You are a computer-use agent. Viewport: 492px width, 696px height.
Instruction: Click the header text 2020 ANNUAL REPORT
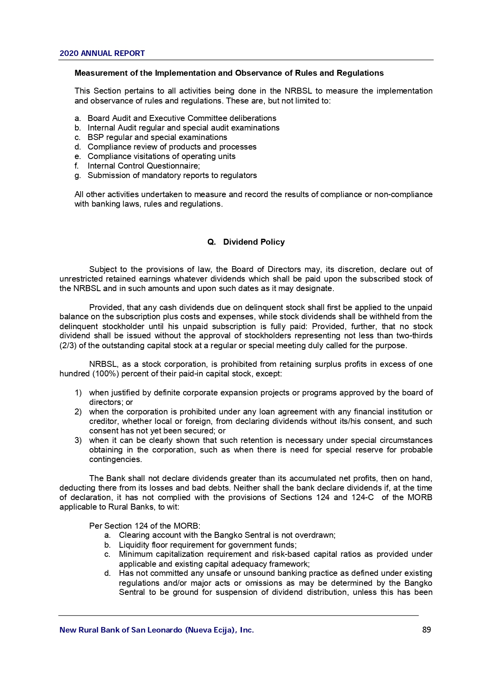(102, 53)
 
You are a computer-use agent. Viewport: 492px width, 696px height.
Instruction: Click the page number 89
(427, 630)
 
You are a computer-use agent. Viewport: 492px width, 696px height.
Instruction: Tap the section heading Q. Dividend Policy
(246, 242)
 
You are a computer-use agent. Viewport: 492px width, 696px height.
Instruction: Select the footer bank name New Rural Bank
(157, 630)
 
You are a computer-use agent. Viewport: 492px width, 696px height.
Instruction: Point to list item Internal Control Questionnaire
(144, 166)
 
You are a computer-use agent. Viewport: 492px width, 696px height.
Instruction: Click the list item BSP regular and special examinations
(157, 137)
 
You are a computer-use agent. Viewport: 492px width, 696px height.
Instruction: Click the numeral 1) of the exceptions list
(78, 393)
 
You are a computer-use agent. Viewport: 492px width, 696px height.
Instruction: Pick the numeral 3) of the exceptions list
(78, 440)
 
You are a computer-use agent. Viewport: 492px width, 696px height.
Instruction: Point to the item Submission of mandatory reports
(172, 175)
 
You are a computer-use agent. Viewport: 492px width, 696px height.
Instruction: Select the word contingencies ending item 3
(115, 459)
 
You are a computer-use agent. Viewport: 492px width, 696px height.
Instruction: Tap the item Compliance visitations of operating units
(161, 156)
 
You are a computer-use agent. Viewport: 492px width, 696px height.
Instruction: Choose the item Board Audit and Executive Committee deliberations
(182, 118)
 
